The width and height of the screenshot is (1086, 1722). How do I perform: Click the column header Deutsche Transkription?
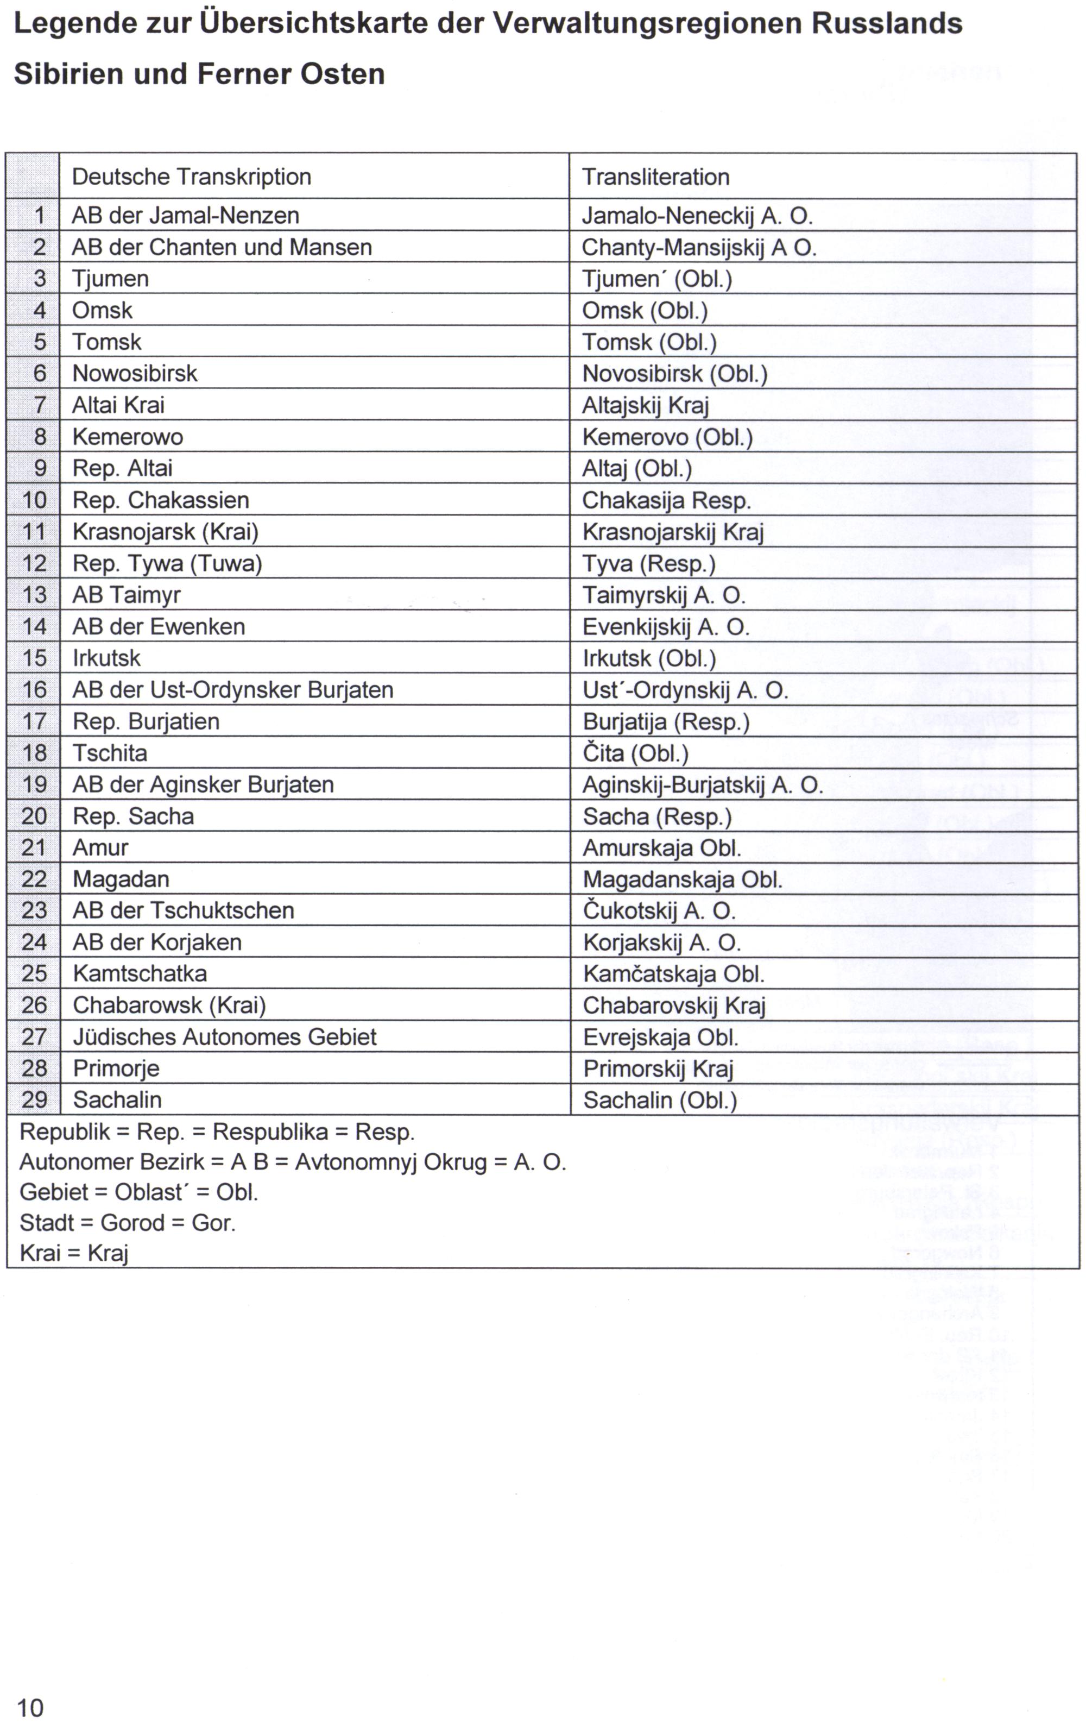coord(191,177)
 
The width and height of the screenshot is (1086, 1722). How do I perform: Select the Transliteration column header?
coord(655,177)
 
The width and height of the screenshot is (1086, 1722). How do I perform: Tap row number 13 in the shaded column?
coord(34,595)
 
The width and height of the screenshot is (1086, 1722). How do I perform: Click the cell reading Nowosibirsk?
coord(135,373)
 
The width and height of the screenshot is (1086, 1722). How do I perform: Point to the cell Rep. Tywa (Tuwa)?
coord(167,563)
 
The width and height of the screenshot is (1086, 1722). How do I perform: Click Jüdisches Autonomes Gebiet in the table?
coord(224,1037)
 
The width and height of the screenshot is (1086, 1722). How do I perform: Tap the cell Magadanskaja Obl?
coord(682,879)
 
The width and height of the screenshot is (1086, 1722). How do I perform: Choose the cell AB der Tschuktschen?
coord(183,910)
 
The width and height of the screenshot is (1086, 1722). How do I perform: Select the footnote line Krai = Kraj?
coord(74,1253)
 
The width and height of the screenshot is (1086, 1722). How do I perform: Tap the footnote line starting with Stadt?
coord(127,1223)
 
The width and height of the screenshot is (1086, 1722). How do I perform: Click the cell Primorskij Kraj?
coord(658,1069)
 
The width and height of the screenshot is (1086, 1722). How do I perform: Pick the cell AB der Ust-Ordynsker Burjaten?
coord(232,690)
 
